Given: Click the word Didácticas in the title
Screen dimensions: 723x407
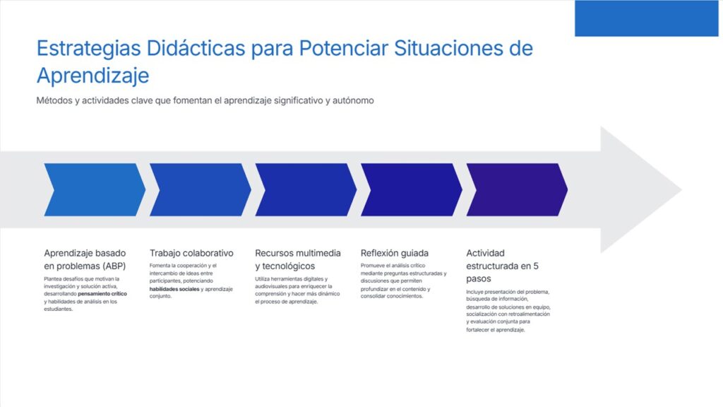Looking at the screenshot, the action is click(196, 48).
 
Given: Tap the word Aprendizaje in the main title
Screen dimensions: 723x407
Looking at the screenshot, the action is click(92, 76).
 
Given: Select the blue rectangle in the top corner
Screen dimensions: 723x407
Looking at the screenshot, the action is click(647, 18).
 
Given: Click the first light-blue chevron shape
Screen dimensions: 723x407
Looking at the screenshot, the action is click(95, 189).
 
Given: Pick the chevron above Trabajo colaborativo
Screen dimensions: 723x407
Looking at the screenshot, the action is click(200, 189).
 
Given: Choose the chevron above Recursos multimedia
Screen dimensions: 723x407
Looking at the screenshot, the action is click(306, 189).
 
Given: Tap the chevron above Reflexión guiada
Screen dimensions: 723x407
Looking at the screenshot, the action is click(412, 189).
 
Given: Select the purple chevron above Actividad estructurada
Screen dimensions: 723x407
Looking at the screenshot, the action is click(517, 189).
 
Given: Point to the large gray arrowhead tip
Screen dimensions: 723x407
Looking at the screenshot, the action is click(681, 189).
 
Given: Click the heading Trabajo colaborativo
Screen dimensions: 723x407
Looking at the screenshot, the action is click(191, 253).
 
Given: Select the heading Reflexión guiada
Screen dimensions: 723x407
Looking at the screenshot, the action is click(395, 253).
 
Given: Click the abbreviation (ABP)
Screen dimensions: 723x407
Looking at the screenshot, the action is click(114, 266).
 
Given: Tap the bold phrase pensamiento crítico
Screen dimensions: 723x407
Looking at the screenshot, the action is click(102, 293).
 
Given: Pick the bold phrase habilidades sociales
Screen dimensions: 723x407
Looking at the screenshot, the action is click(174, 289).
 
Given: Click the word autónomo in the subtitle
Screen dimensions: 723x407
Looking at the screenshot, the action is click(353, 100).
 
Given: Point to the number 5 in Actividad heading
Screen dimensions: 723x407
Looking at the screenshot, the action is click(536, 266).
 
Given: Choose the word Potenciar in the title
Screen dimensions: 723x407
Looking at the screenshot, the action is click(343, 48).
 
